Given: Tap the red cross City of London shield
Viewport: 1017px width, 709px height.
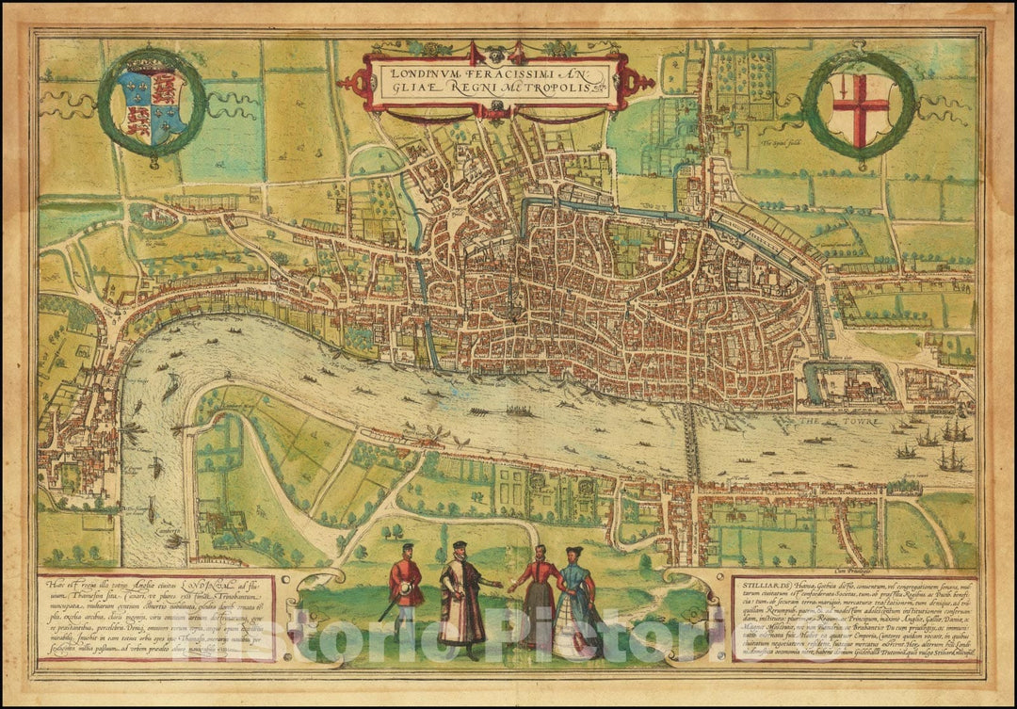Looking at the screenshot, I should click(858, 107).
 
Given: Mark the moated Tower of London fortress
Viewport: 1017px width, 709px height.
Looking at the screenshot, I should click(847, 386).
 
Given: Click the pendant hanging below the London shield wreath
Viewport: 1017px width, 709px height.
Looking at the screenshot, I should click(860, 165).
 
